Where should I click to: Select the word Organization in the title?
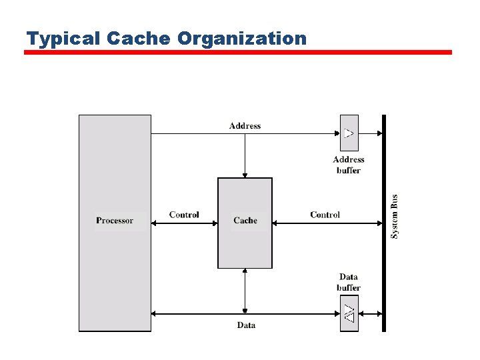click(x=242, y=39)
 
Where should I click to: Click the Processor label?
click(x=115, y=221)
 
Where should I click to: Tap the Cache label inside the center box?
click(x=245, y=221)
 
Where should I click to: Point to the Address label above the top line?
click(x=245, y=126)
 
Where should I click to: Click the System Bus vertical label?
click(x=395, y=217)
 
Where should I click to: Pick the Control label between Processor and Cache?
click(x=184, y=215)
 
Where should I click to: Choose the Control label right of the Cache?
click(x=325, y=215)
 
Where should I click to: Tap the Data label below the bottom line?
click(x=246, y=325)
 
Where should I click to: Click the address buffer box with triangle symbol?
click(x=349, y=133)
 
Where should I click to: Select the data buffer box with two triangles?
click(x=349, y=313)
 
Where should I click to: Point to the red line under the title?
click(x=238, y=52)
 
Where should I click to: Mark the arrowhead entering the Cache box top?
click(x=245, y=174)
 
